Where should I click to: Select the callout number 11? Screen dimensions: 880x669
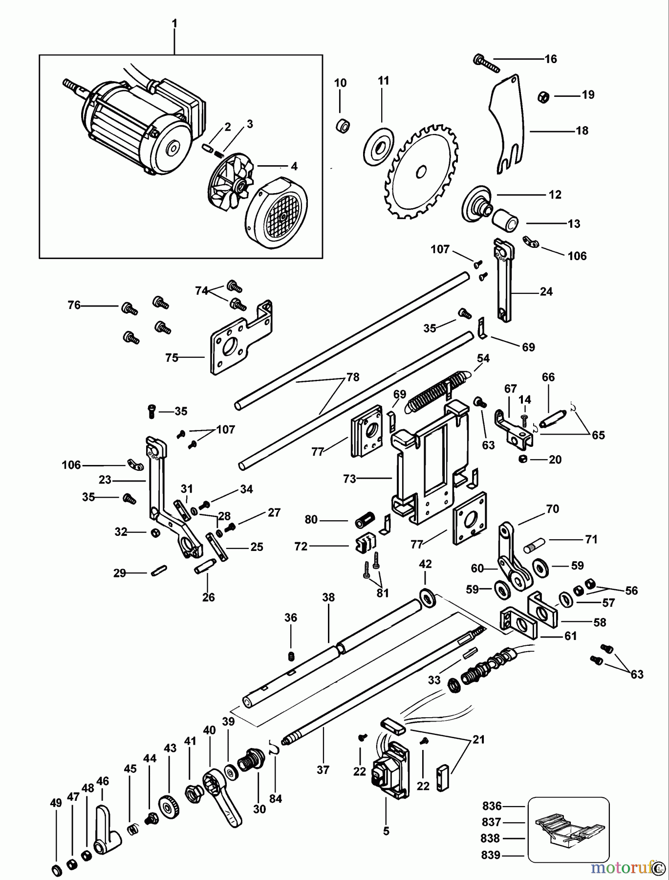click(384, 81)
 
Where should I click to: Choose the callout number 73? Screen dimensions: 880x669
click(350, 479)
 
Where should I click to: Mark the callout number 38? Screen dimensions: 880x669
click(328, 597)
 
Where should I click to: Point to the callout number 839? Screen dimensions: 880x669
click(491, 855)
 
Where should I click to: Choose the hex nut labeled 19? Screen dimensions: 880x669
click(542, 96)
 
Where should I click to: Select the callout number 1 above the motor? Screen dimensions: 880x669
click(174, 23)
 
